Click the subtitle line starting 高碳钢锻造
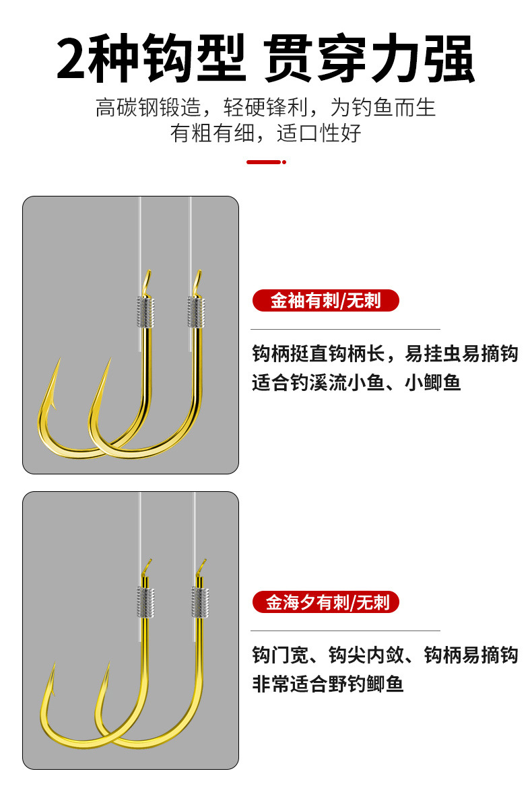click(265, 107)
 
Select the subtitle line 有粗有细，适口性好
click(265, 133)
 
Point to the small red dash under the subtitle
click(265, 162)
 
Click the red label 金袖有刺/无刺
click(325, 300)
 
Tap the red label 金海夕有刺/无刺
click(325, 602)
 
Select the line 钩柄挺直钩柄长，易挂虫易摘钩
click(385, 353)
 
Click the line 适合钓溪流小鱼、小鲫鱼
click(356, 382)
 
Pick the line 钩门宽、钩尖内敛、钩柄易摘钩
click(385, 655)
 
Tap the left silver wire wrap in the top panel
click(147, 312)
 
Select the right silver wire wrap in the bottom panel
click(200, 602)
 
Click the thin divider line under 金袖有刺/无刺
click(345, 329)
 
